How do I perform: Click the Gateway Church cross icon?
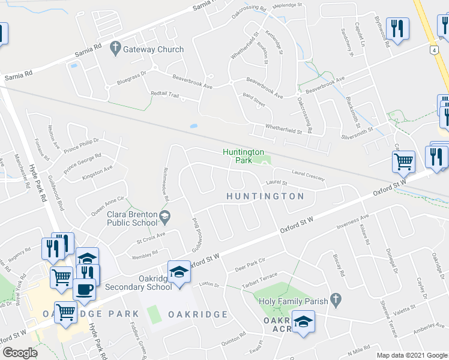(x=115, y=49)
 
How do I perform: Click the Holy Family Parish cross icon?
(x=336, y=299)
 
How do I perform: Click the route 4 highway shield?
(x=432, y=51)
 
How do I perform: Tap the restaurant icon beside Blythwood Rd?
(x=397, y=28)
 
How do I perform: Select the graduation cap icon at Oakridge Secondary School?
(x=179, y=272)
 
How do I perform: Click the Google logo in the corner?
(x=20, y=352)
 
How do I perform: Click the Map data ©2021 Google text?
(x=411, y=355)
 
